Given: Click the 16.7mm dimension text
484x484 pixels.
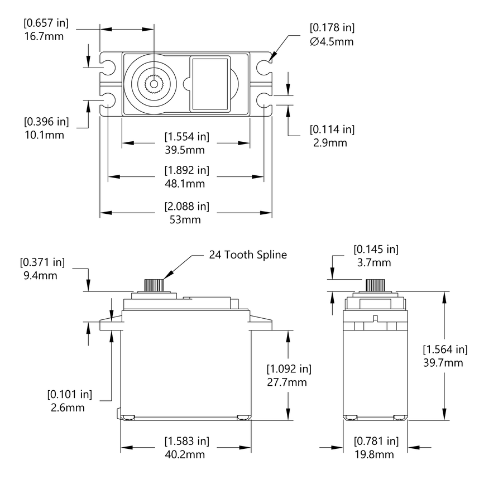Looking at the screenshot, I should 43,37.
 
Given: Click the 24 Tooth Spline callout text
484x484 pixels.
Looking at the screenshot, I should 248,255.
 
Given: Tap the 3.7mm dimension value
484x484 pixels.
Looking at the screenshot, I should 376,262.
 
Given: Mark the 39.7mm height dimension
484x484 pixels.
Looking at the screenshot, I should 444,363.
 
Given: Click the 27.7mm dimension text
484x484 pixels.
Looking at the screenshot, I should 289,382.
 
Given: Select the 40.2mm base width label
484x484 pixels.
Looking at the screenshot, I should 186,454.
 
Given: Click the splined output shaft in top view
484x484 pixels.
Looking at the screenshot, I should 152,85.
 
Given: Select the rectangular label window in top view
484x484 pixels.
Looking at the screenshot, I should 210,83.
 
